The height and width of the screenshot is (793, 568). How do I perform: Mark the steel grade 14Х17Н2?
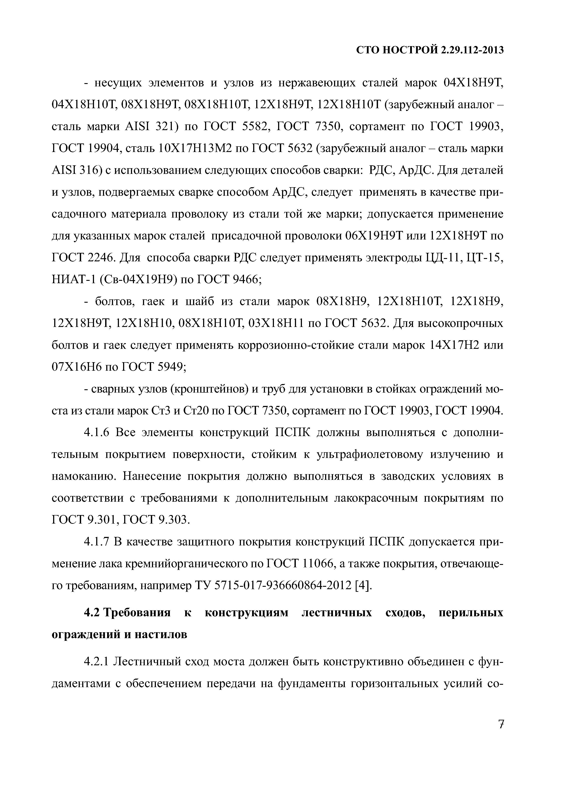453,345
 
